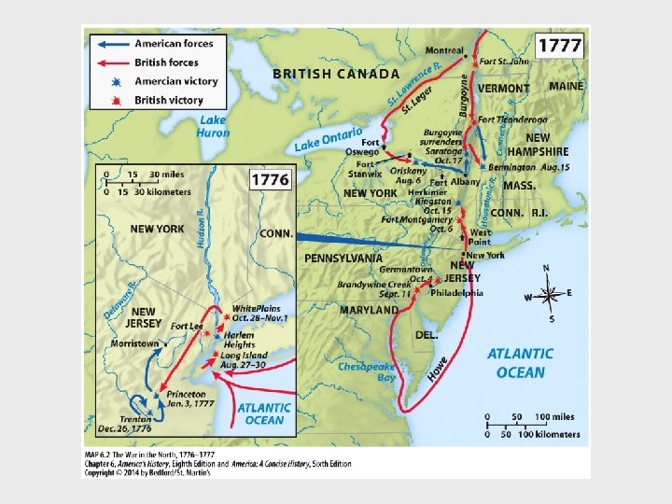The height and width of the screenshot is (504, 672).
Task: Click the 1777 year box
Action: pos(559,45)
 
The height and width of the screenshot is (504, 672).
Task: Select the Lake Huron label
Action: pos(213,127)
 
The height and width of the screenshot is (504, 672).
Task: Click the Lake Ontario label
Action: pos(328,139)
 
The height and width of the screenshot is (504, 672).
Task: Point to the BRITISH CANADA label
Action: pos(336,74)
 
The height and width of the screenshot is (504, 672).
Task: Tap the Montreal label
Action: pos(444,50)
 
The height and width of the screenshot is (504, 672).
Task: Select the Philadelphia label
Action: pos(457,292)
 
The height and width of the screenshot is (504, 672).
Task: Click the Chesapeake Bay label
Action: pos(366,372)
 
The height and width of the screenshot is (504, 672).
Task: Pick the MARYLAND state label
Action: pos(369,310)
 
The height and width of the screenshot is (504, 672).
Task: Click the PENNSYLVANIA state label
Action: pos(343,258)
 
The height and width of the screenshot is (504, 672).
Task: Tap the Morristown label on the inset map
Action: pos(134,343)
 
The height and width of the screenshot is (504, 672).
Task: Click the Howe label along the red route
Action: pos(437,368)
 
